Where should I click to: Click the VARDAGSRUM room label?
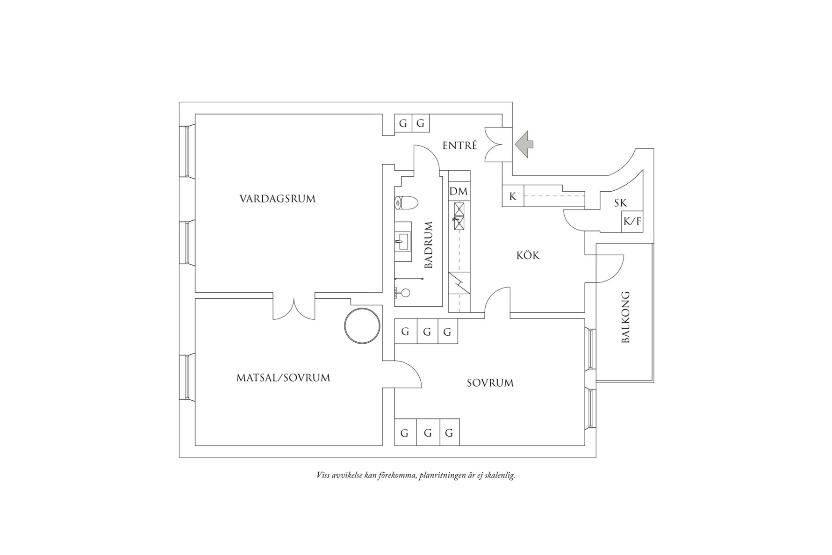277,199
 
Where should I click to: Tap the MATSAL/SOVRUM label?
283,378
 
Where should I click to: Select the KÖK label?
528,255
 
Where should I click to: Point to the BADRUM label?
429,245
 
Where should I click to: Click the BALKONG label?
625,317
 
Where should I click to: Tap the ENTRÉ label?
460,145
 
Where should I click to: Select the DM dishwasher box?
459,191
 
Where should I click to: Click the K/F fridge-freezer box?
632,222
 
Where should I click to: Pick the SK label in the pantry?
620,203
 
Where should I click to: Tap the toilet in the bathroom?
406,202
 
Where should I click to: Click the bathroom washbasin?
402,242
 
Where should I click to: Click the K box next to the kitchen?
513,196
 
